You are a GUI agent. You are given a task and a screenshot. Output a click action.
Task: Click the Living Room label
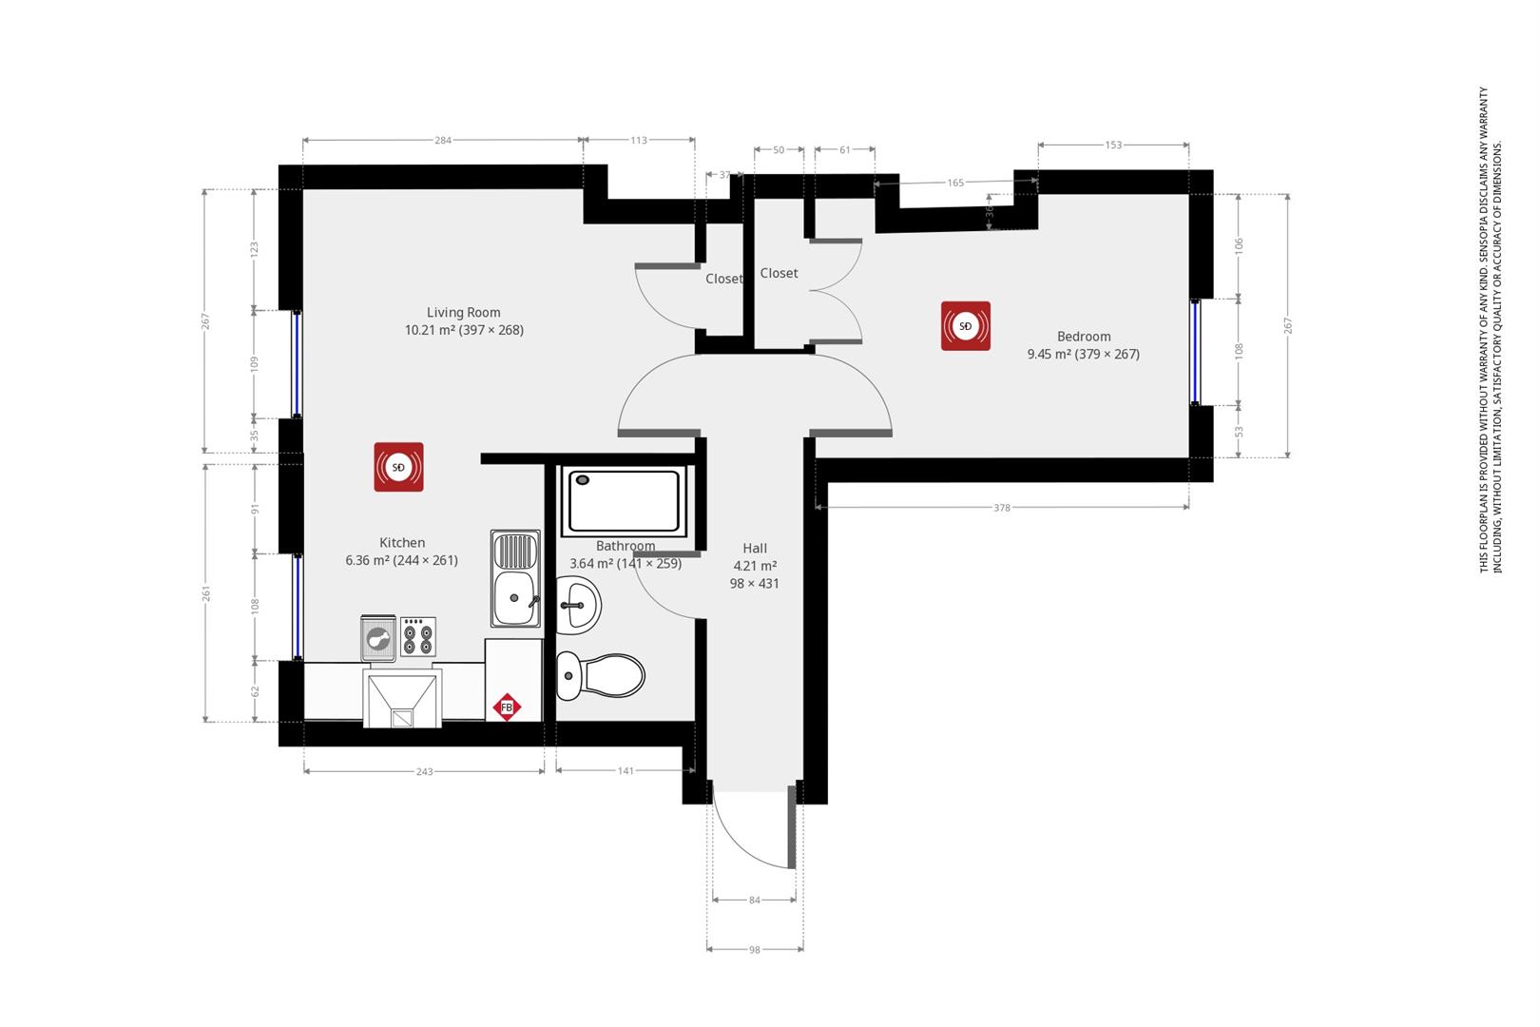point(463,312)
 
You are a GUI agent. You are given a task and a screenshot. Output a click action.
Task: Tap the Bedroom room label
point(1083,336)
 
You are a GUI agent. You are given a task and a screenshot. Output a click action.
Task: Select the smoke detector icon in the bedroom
point(965,326)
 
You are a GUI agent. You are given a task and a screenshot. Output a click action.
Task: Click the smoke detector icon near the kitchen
point(398,467)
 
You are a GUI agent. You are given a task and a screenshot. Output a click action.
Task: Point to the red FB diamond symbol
point(507,707)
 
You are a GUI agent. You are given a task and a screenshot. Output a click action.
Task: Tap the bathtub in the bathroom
point(625,500)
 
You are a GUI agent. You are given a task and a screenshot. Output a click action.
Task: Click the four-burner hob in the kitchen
point(417,636)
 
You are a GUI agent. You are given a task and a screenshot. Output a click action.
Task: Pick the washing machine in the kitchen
point(378,638)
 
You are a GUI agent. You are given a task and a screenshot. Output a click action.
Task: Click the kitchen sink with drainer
point(515,578)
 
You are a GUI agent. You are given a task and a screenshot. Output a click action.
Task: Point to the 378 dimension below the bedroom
point(1001,508)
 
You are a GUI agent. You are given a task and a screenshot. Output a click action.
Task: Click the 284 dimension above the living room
point(442,140)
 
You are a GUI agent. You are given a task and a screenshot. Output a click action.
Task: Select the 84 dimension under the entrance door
point(754,900)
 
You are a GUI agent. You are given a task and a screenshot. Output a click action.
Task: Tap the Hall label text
point(755,548)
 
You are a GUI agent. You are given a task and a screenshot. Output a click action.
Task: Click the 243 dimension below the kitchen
point(424,771)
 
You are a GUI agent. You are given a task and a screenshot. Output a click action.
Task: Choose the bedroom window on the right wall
point(1195,351)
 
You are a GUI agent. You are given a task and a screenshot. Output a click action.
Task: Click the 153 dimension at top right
point(1113,145)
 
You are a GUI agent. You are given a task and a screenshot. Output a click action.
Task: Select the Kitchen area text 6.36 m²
point(367,561)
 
